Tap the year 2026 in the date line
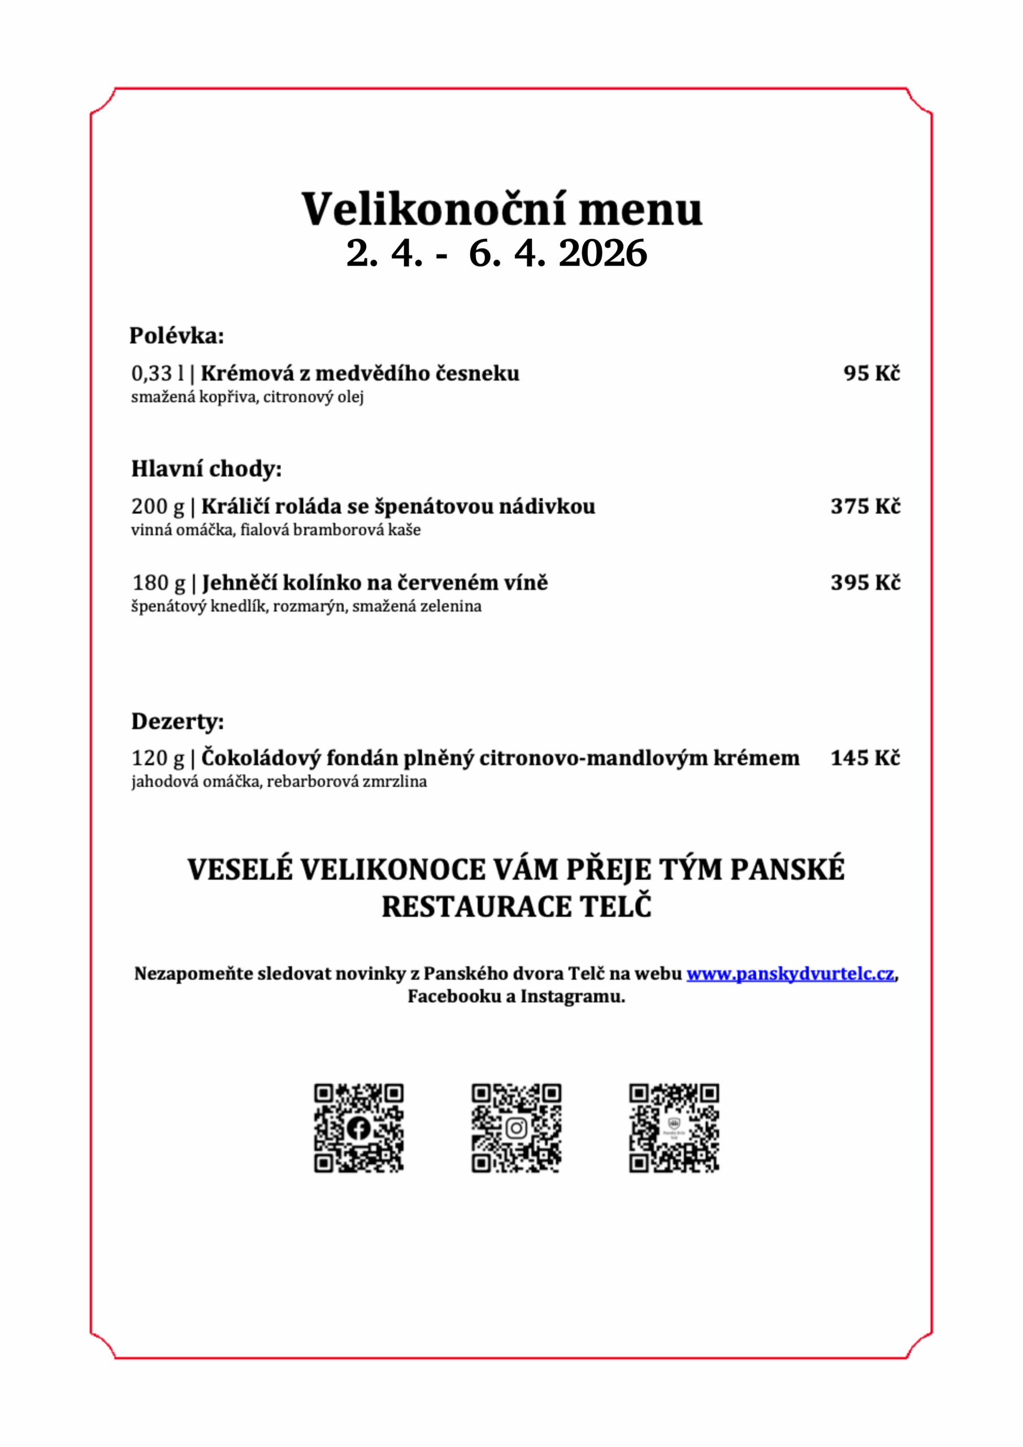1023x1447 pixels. pos(602,254)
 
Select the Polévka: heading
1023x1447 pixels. pos(176,336)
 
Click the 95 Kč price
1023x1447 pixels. pos(871,373)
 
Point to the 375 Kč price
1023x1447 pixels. pos(865,506)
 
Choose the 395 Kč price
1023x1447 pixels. pos(865,582)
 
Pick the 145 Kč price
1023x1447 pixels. pos(865,757)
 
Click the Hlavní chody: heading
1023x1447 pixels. pos(206,469)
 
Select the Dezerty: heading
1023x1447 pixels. pos(177,721)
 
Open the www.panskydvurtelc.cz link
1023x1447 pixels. pos(790,974)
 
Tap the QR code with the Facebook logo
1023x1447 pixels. pos(359,1128)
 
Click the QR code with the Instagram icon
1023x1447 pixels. pos(516,1128)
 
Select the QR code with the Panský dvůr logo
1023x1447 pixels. pos(674,1128)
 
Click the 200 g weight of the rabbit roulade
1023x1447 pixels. pos(158,506)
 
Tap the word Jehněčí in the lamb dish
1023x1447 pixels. pos(239,583)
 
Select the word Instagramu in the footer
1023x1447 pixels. pos(573,997)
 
